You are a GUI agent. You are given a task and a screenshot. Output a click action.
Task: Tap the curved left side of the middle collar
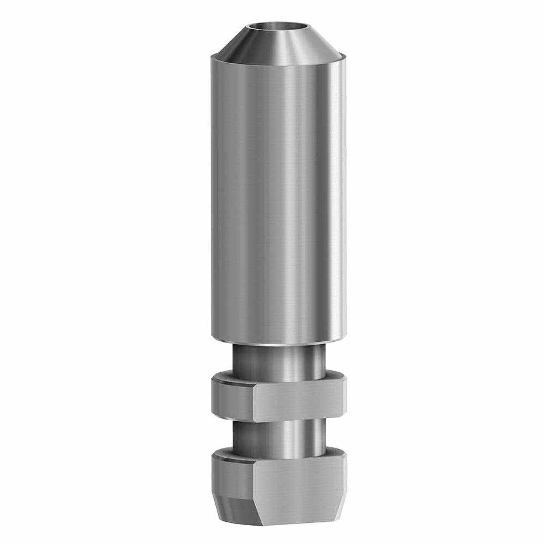click(x=229, y=395)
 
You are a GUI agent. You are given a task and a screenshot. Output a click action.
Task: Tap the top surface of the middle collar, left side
click(x=225, y=376)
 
